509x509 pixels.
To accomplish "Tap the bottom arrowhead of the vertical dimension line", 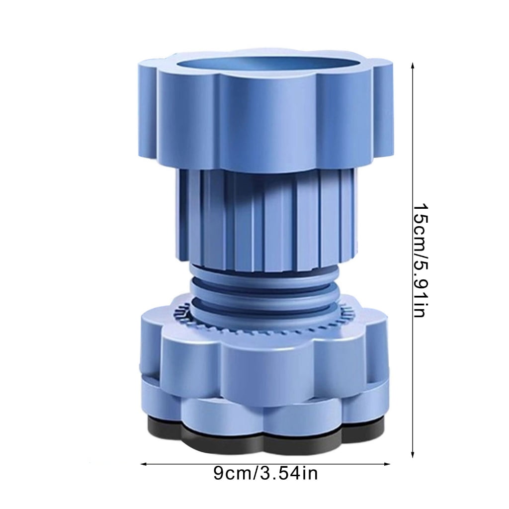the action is coord(413,454).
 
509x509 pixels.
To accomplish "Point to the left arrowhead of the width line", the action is coord(144,464).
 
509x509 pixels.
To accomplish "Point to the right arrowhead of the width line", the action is coord(387,464).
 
